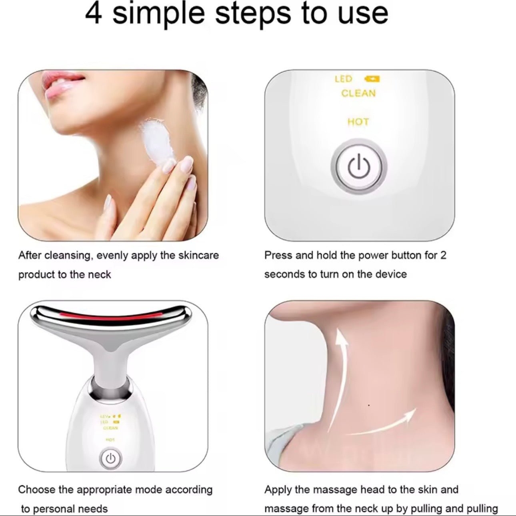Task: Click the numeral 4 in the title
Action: tap(94, 14)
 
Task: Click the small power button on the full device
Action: tap(111, 458)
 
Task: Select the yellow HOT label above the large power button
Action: tap(358, 122)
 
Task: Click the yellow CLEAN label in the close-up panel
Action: tap(358, 94)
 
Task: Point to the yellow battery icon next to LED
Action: tap(372, 79)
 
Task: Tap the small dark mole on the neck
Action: tap(368, 406)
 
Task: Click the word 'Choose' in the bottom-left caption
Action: tap(37, 490)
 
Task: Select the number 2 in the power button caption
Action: tap(443, 255)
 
